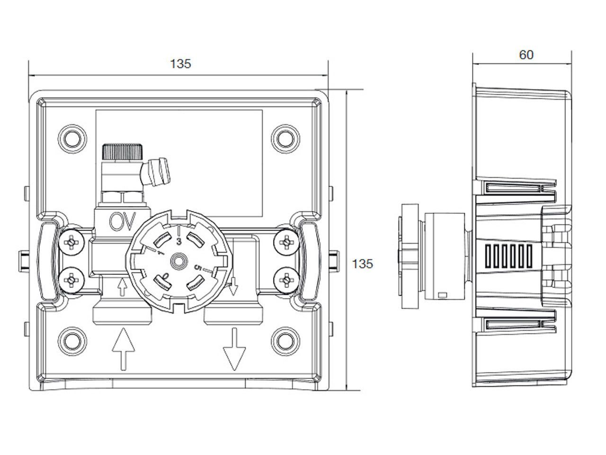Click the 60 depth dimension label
(x=526, y=55)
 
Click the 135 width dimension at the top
(x=180, y=64)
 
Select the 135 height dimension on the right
(x=362, y=264)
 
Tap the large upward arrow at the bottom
(x=123, y=349)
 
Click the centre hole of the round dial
(x=178, y=261)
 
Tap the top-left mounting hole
(x=72, y=138)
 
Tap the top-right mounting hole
(x=285, y=138)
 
